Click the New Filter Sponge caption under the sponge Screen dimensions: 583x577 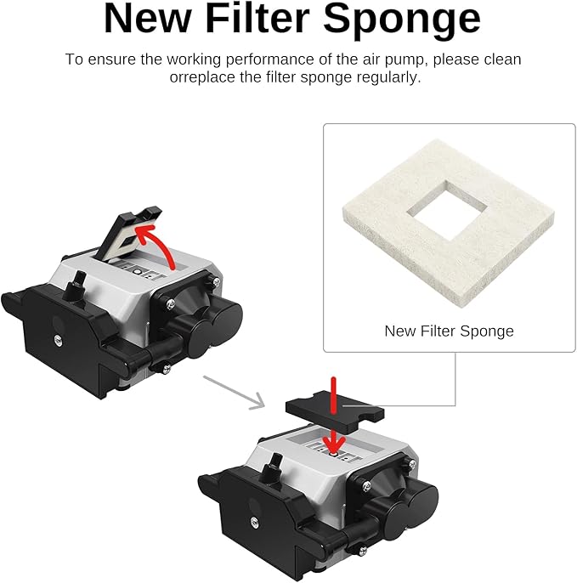[x=449, y=331]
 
